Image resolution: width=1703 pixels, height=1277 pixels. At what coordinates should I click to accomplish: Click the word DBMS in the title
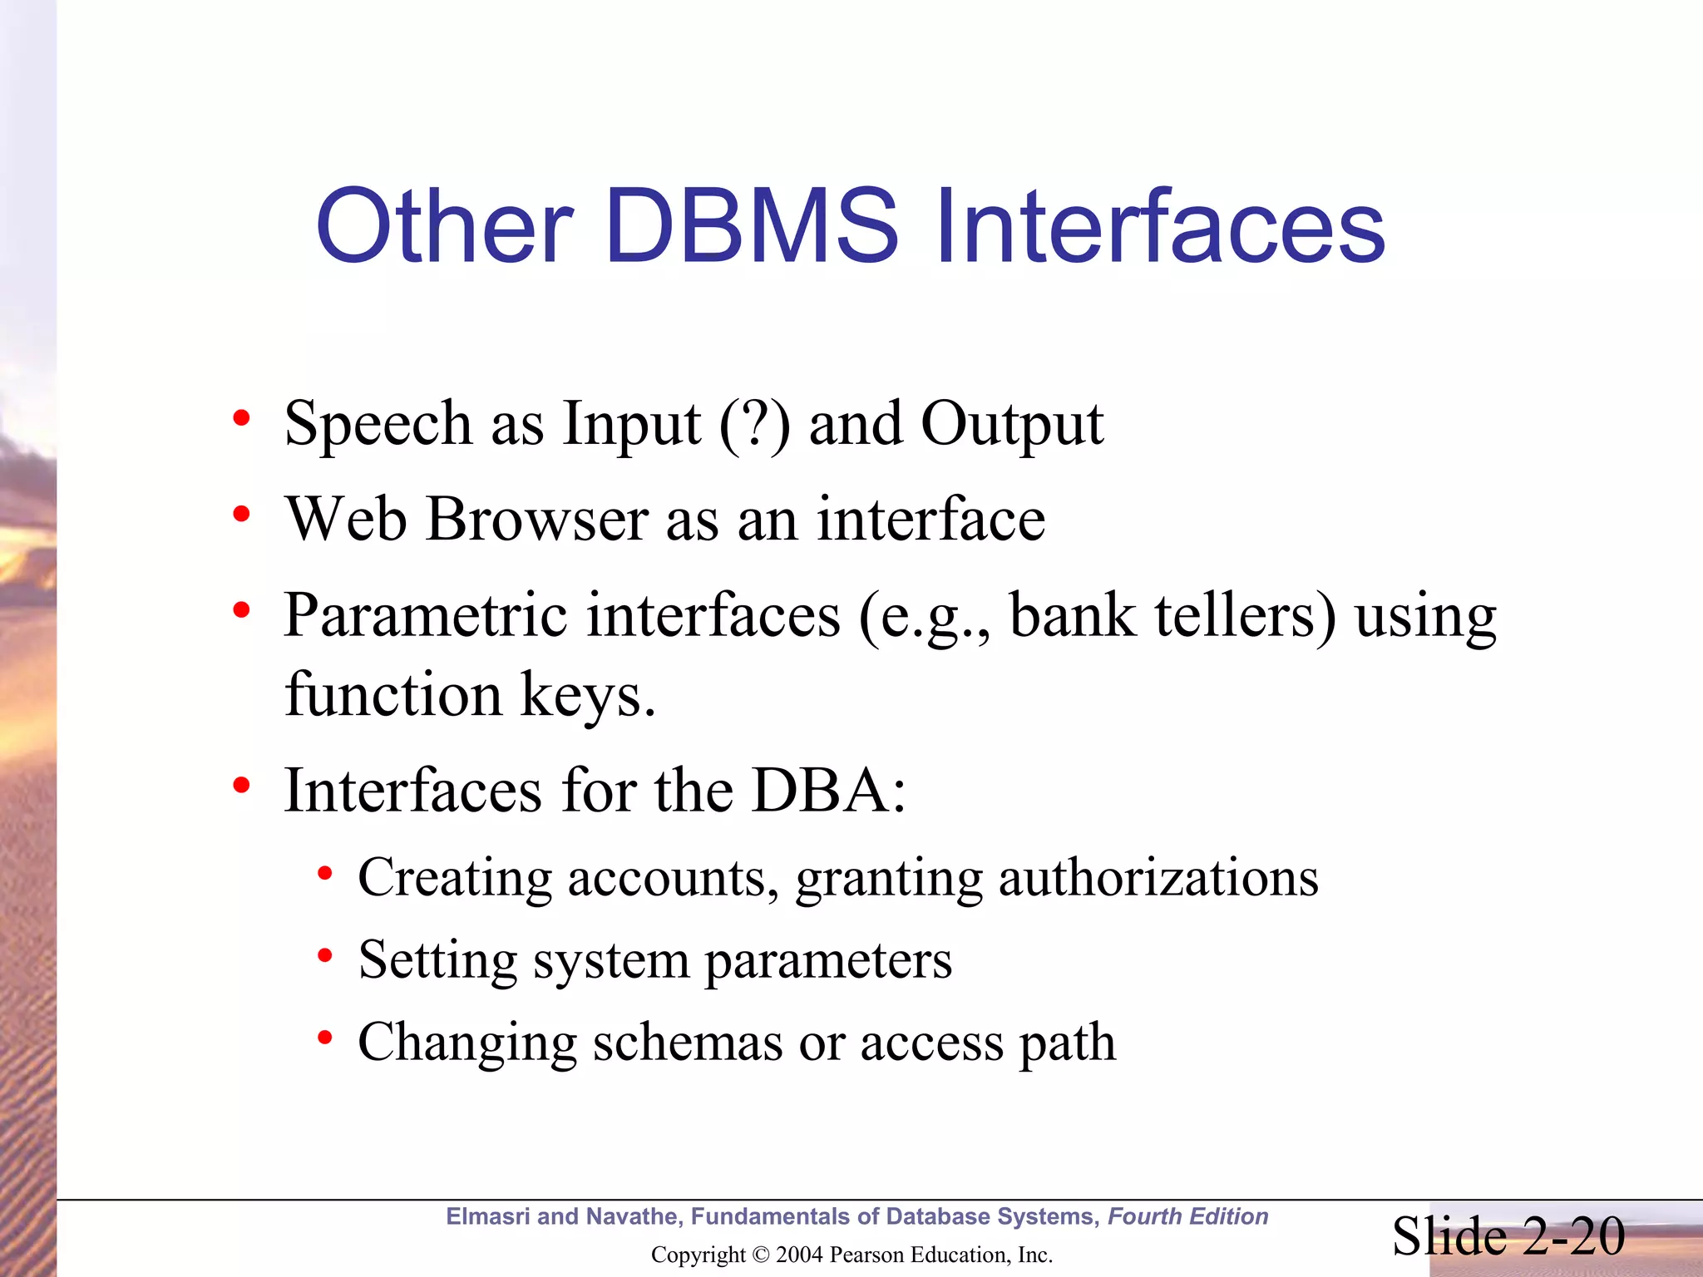pyautogui.click(x=752, y=226)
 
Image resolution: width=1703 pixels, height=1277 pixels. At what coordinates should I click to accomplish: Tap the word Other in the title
pyautogui.click(x=444, y=226)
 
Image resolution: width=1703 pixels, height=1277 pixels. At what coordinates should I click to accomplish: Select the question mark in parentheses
pyautogui.click(x=754, y=424)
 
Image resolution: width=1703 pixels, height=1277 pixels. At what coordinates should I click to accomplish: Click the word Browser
pyautogui.click(x=536, y=520)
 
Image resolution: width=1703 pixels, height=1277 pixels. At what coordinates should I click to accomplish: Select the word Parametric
pyautogui.click(x=424, y=615)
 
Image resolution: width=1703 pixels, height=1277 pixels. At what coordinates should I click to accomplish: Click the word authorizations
pyautogui.click(x=1158, y=878)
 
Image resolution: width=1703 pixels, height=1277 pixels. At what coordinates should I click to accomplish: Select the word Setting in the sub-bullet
pyautogui.click(x=437, y=961)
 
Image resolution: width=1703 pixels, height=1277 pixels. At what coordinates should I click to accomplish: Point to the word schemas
pyautogui.click(x=687, y=1043)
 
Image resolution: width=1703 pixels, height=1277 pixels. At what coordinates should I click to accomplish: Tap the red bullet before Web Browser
pyautogui.click(x=241, y=516)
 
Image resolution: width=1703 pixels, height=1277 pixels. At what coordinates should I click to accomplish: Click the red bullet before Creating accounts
pyautogui.click(x=325, y=875)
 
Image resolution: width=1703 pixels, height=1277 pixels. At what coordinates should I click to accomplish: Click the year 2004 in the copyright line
pyautogui.click(x=799, y=1255)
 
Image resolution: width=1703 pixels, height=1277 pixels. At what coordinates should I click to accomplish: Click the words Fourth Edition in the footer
pyautogui.click(x=1187, y=1216)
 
